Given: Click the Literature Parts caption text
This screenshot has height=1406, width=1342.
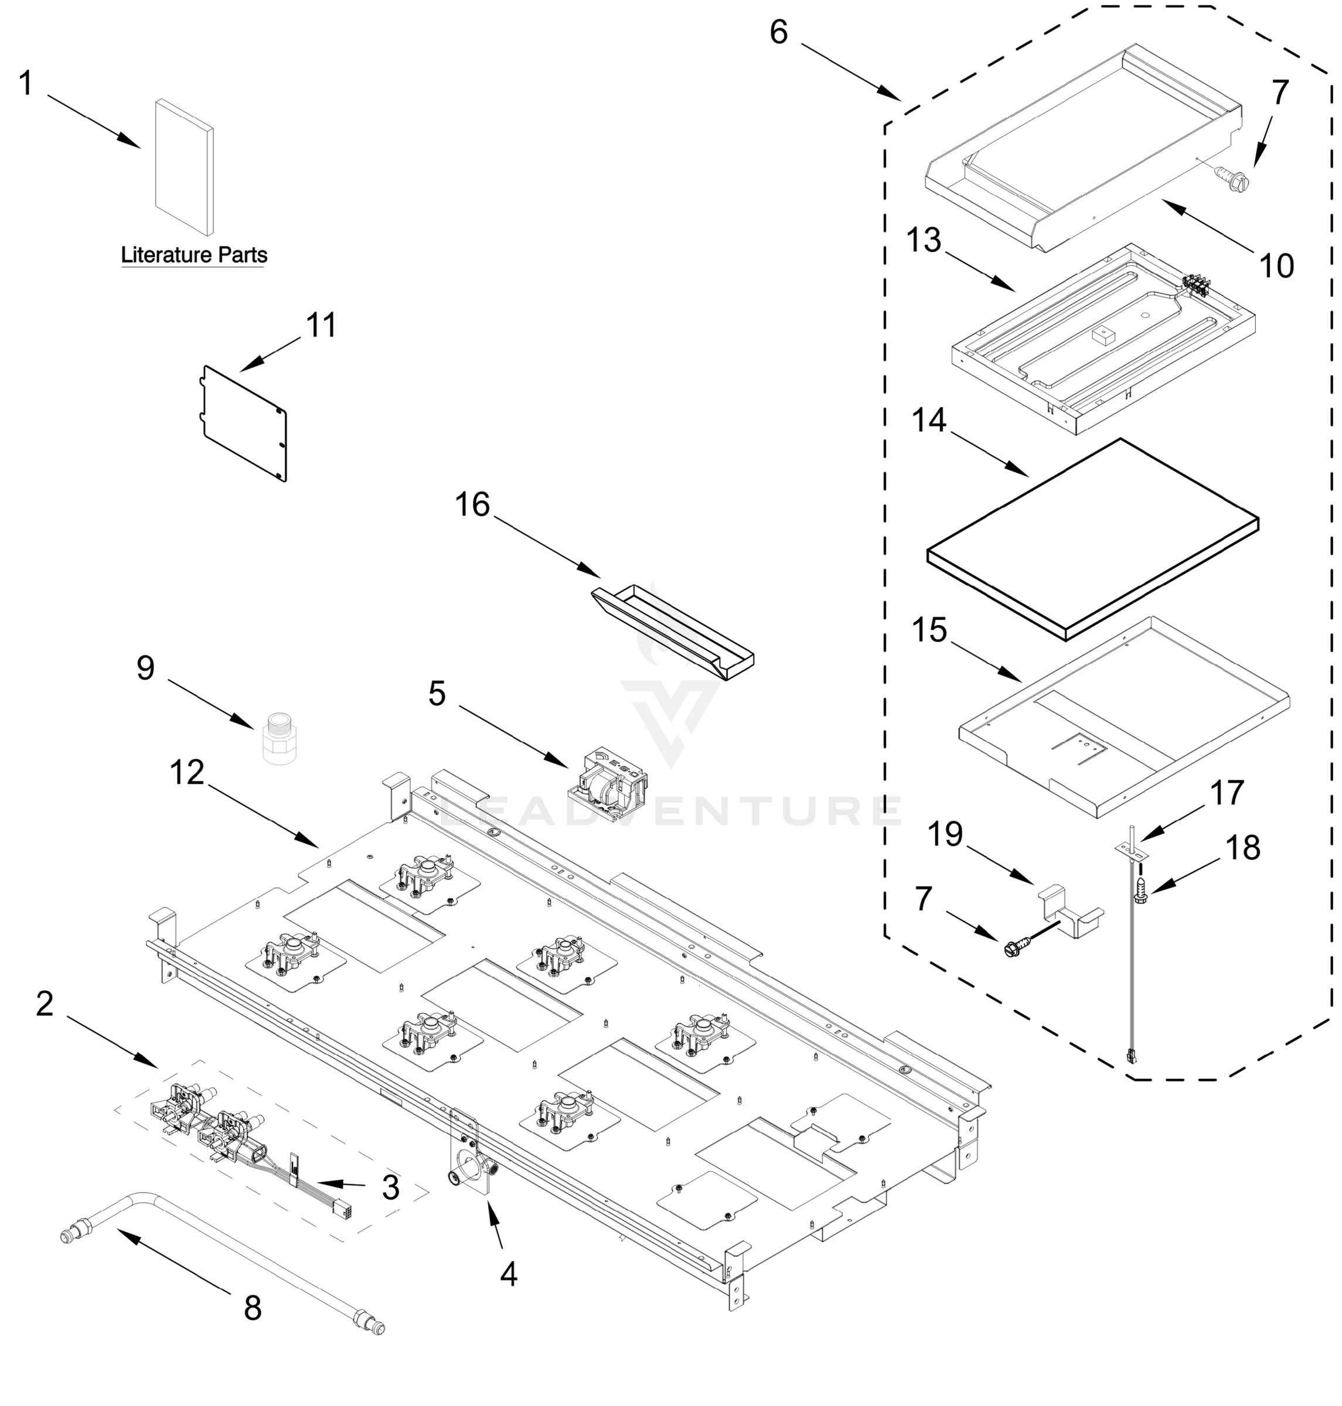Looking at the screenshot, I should [194, 255].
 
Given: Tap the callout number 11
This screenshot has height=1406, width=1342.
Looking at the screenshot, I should [321, 326].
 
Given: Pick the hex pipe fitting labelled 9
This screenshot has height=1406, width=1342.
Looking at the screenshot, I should [279, 738].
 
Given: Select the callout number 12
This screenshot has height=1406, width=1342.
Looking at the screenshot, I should [188, 772].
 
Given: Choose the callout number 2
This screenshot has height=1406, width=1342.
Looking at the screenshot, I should [45, 1004].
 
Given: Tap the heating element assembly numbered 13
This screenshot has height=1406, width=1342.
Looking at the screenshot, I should [1102, 340].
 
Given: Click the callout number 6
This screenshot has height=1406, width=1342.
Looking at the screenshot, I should [778, 32].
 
